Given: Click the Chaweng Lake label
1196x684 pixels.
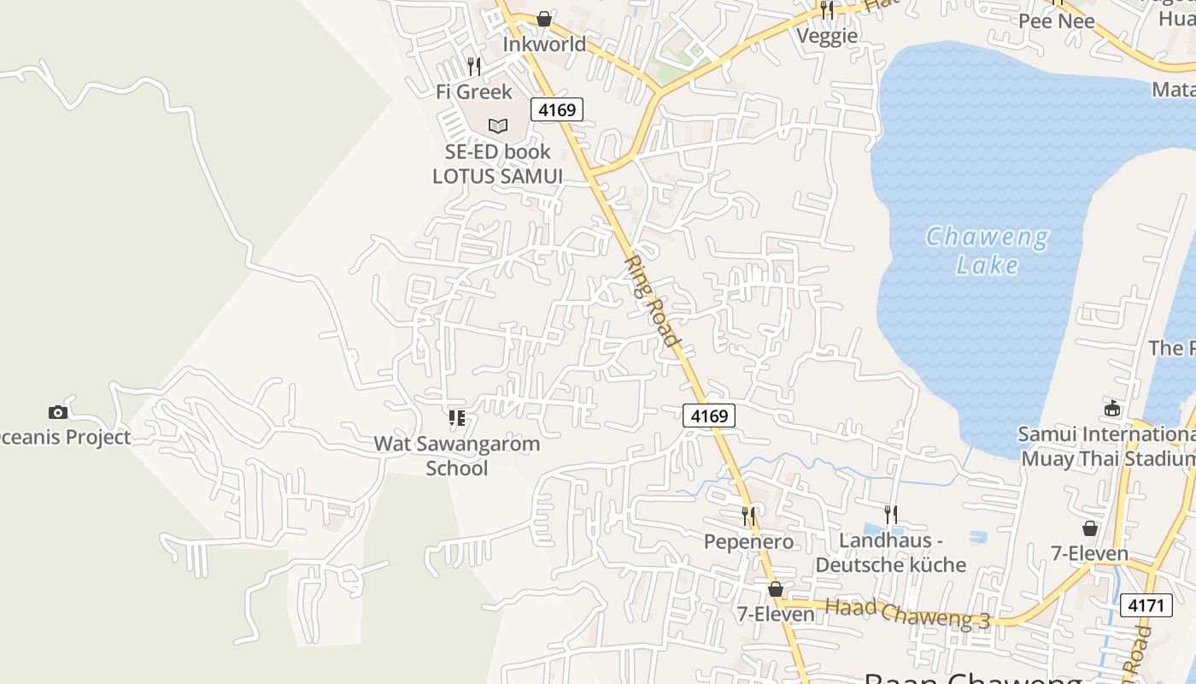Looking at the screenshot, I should (988, 251).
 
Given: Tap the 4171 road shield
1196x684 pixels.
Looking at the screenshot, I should (1146, 605).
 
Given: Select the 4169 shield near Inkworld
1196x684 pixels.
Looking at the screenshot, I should (557, 109).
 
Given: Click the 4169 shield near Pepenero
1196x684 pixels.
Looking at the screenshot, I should (709, 416).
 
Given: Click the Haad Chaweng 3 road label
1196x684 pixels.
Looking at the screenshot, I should (907, 614).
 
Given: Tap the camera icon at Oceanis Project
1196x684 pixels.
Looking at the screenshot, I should (57, 412).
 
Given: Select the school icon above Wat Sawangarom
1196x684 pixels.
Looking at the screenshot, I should (457, 418).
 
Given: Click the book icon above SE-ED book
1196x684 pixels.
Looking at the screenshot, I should (498, 126).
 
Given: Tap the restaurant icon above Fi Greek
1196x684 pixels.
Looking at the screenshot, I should (474, 66).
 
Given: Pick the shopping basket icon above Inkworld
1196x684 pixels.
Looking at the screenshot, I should (544, 19).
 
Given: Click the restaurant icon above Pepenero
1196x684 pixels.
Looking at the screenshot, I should (748, 516).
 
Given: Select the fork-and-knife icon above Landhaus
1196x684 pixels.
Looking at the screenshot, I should (891, 514).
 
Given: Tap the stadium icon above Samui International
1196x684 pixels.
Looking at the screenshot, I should (1112, 409).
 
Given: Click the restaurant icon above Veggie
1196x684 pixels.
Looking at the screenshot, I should (826, 10).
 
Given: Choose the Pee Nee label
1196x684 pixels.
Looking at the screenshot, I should (1056, 21).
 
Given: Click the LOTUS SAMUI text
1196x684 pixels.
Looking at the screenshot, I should (497, 175).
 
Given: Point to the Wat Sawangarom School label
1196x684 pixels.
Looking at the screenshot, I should (457, 456).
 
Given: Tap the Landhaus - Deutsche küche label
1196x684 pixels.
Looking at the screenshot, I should (891, 552).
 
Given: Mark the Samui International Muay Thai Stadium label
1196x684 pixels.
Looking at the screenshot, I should (1107, 445).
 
